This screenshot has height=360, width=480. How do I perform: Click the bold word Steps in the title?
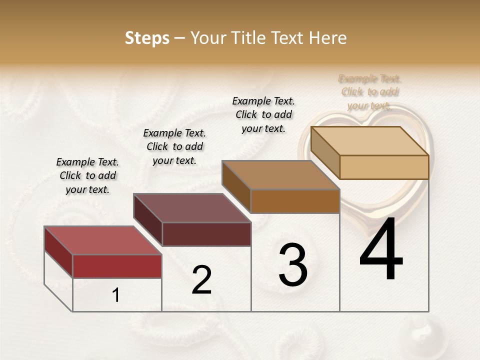[147, 38]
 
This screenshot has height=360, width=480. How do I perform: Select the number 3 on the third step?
[293, 265]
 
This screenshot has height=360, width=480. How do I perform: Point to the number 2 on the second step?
[201, 280]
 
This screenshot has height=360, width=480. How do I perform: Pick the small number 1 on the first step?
[115, 295]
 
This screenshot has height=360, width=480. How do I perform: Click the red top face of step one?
[102, 240]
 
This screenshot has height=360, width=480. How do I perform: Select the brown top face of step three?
[280, 175]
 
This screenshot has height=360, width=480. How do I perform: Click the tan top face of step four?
[369, 141]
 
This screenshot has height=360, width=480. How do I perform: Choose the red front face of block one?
[117, 266]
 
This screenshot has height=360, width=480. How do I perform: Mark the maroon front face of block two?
[206, 234]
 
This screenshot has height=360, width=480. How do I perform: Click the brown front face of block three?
[295, 201]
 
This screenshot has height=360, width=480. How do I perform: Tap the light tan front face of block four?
[384, 167]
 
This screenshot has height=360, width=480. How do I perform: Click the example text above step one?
[87, 175]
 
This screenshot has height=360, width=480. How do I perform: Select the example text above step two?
[174, 146]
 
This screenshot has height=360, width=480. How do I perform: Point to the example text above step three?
[263, 114]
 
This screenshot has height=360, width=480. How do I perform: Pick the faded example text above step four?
[370, 92]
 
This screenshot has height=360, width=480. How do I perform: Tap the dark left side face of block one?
[58, 252]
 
